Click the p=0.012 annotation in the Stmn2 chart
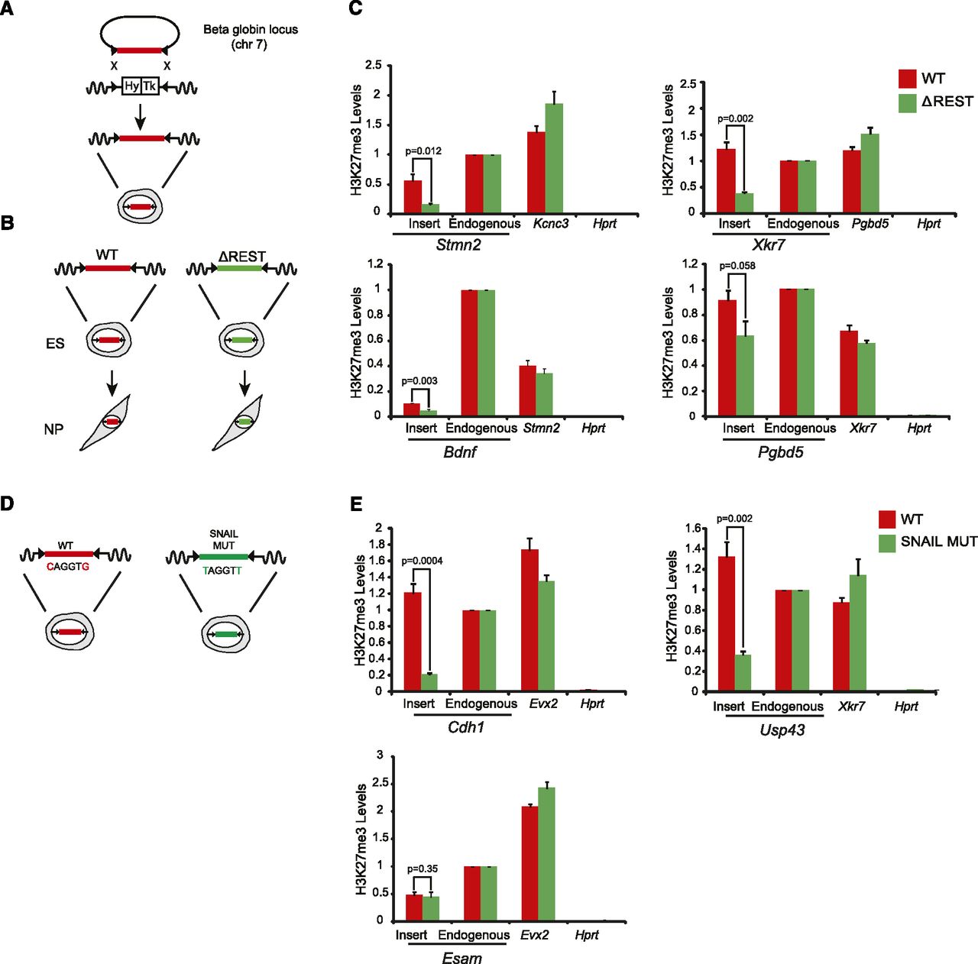point(423,151)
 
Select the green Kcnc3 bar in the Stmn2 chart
point(554,158)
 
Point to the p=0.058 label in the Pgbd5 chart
point(736,266)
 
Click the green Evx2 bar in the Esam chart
point(546,854)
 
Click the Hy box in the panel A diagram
point(131,86)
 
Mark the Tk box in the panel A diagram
point(150,86)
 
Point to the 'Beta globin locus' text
point(250,30)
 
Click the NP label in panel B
point(53,430)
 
